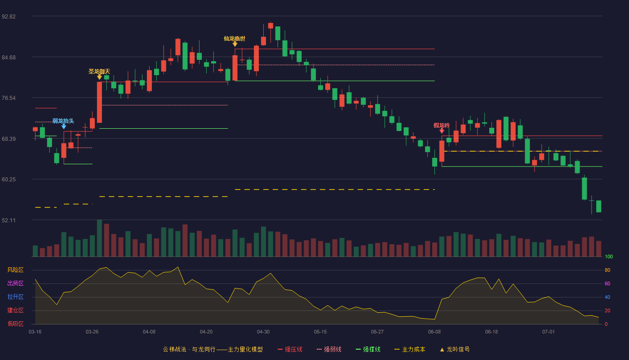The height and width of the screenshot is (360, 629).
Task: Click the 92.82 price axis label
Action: (9, 17)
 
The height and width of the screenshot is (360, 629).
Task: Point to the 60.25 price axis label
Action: (9, 180)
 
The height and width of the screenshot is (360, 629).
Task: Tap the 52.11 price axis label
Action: (9, 220)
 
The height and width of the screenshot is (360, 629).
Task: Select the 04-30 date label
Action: (263, 332)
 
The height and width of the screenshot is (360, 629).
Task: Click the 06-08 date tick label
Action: (434, 332)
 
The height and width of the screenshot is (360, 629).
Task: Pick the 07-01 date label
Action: (549, 332)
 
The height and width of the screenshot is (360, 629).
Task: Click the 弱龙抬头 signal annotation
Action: (63, 121)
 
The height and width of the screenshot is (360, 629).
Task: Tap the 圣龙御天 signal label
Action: (99, 72)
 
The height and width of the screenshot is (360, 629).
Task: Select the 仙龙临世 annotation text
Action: (235, 39)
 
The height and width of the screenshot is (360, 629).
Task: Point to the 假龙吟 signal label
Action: (442, 126)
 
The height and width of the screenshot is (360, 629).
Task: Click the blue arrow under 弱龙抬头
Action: (64, 126)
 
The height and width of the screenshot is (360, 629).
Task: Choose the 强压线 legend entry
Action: (290, 349)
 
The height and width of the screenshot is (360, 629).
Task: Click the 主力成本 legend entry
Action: (410, 349)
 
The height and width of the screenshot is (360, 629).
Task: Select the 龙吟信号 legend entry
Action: (455, 349)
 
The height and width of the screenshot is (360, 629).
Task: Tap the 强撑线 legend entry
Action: (368, 349)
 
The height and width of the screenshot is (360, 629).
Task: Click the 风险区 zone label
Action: (15, 270)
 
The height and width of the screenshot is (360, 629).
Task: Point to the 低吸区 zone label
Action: (15, 324)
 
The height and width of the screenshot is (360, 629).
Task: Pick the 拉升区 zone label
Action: (15, 297)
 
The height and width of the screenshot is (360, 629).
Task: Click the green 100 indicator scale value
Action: (609, 256)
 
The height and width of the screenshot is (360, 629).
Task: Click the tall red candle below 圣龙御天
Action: (99, 102)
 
